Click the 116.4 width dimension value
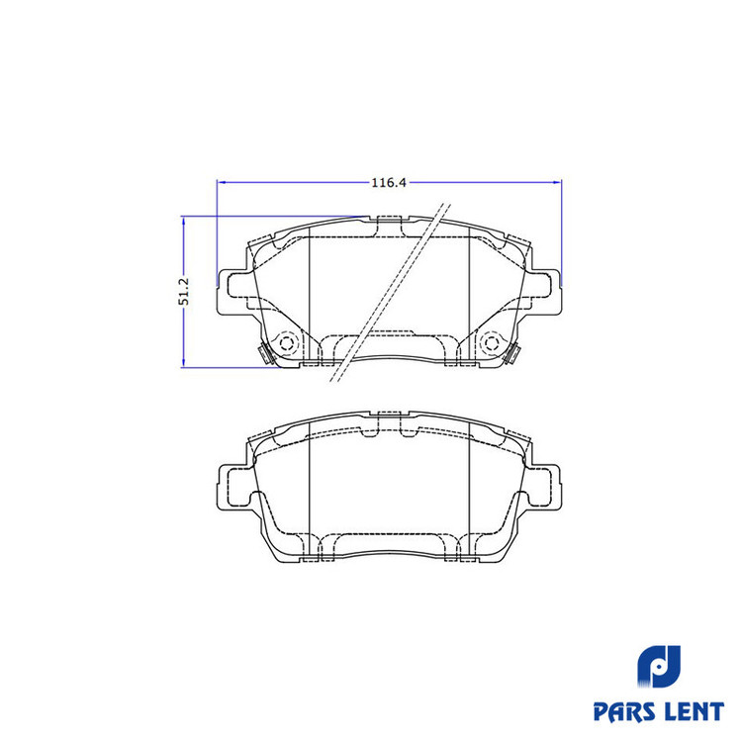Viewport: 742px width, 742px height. (x=389, y=183)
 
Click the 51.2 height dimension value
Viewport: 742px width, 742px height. (x=184, y=291)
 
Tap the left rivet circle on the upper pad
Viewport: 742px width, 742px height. (x=287, y=342)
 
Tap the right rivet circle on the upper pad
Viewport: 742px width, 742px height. (x=491, y=342)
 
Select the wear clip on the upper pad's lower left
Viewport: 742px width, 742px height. (x=264, y=354)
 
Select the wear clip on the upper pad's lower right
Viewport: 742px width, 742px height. (x=512, y=354)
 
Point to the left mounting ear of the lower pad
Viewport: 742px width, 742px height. (x=232, y=488)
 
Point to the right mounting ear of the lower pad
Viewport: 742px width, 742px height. (x=545, y=488)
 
